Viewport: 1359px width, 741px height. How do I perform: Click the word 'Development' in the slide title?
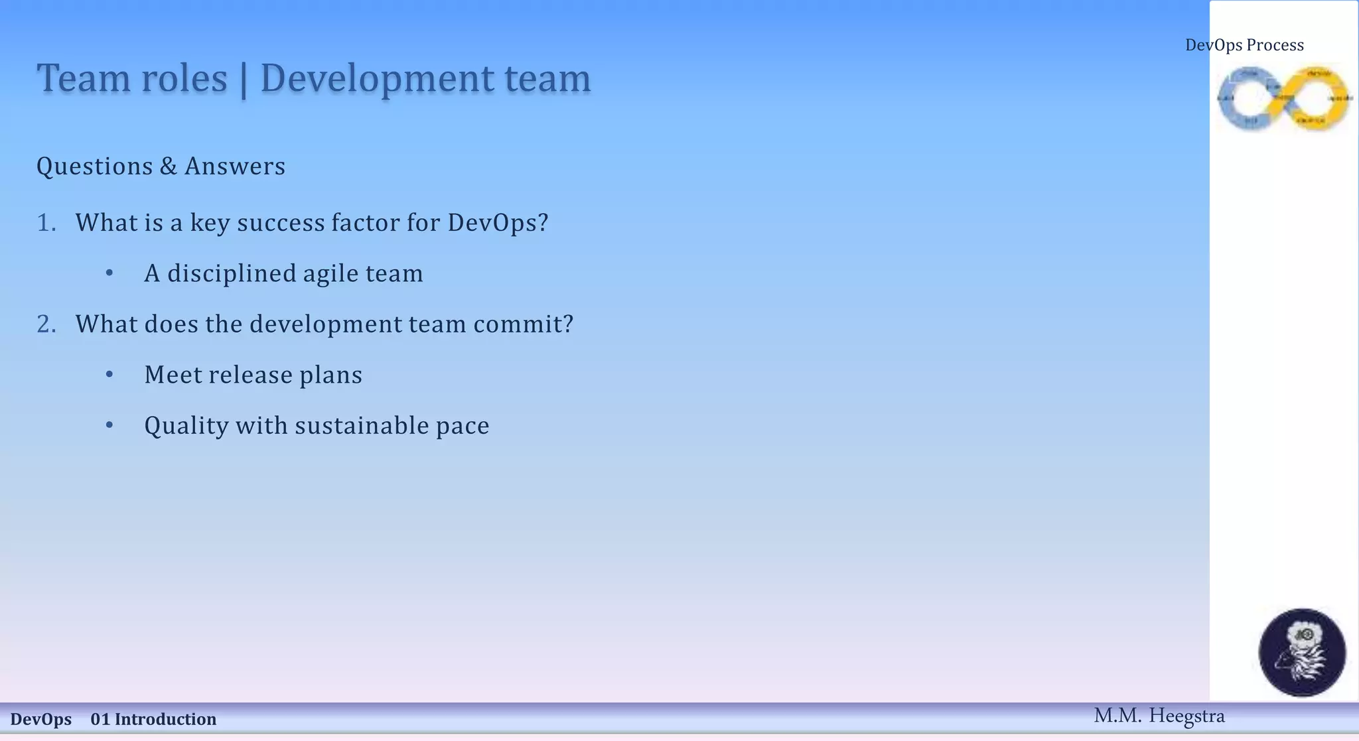(x=376, y=78)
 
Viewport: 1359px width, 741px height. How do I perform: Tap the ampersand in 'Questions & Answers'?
(x=169, y=167)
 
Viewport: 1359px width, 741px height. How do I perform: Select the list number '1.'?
(x=46, y=223)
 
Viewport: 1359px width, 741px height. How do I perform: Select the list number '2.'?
(x=46, y=324)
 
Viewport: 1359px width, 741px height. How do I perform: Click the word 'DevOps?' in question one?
(x=498, y=223)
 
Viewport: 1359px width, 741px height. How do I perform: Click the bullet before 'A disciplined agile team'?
(x=109, y=273)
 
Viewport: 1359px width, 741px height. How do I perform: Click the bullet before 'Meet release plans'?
(x=109, y=375)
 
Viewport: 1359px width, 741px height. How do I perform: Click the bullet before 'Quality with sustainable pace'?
(x=109, y=425)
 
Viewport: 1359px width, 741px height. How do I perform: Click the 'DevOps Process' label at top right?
(x=1244, y=45)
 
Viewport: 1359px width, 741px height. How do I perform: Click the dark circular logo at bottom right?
(x=1302, y=652)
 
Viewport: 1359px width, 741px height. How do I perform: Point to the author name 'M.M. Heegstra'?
(x=1159, y=716)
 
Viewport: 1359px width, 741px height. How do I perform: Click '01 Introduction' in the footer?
(x=153, y=719)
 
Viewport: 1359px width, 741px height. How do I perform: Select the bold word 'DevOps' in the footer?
(x=40, y=719)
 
